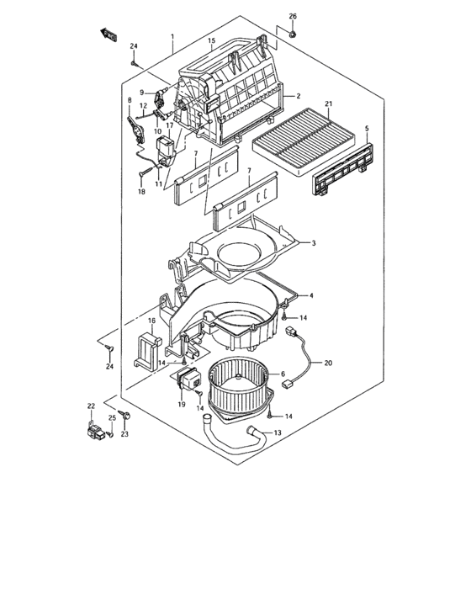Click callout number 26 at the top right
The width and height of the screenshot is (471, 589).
point(293,16)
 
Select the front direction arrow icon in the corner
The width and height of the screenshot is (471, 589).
point(108,33)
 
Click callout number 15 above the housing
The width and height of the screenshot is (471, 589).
point(212,40)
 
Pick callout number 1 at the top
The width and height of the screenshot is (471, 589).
point(172,37)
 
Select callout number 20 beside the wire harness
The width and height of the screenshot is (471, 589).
point(328,363)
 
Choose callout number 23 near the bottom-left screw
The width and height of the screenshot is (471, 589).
point(125,434)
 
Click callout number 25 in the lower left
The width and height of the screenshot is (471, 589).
point(111,418)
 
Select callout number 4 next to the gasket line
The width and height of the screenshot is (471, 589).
point(312,296)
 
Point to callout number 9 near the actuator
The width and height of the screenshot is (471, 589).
point(142,93)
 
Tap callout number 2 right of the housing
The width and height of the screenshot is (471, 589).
point(298,97)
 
